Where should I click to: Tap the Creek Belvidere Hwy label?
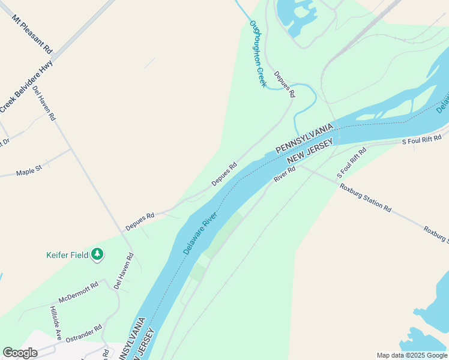pyautogui.click(x=26, y=86)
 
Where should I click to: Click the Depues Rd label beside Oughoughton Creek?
pyautogui.click(x=285, y=85)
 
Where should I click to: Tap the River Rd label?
pyautogui.click(x=285, y=174)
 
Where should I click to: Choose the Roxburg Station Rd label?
pyautogui.click(x=366, y=197)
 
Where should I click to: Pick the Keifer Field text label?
pyautogui.click(x=67, y=255)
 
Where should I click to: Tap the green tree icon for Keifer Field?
pyautogui.click(x=97, y=255)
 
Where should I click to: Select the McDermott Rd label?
pyautogui.click(x=78, y=292)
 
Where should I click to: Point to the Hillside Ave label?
pyautogui.click(x=55, y=322)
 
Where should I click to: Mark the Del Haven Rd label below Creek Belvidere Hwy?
pyautogui.click(x=44, y=104)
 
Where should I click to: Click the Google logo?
pyautogui.click(x=20, y=353)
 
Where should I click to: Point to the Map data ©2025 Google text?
pyautogui.click(x=412, y=355)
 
